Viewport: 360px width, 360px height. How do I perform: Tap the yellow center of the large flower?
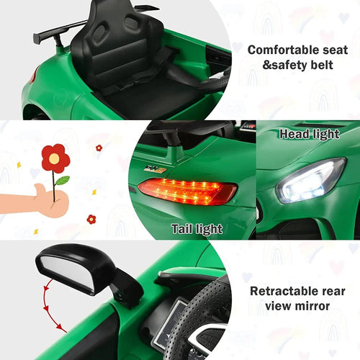point(55,158)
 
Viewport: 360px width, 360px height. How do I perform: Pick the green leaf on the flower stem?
point(62,180)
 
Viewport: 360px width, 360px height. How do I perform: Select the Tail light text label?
point(197,229)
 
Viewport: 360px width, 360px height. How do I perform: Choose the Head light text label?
point(309,134)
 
